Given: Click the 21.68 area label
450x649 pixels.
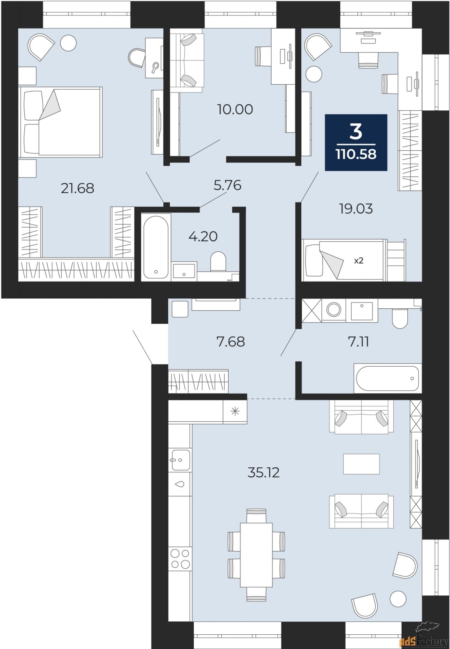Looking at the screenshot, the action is pos(78,188).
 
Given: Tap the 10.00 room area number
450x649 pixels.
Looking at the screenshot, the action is pos(235,110).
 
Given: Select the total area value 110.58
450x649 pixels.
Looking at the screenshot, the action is pos(356,155).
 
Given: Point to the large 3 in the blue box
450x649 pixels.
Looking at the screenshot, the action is pos(356,131).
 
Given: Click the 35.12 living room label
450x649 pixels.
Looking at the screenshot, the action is pos(264,473).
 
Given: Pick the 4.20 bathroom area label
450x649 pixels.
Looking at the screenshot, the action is pos(203,236).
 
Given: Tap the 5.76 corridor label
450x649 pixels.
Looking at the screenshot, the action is pos(227,185).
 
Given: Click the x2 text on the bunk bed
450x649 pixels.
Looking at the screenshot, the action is pos(359,261).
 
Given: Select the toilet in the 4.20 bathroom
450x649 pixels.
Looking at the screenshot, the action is pos(218,262).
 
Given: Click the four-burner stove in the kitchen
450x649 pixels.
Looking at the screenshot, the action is pos(180,559).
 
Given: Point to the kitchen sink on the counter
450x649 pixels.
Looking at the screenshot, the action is pos(180,460).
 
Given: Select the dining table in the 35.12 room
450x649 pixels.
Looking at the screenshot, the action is pos(256,554).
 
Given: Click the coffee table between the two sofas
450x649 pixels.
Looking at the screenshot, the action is pos(361,464).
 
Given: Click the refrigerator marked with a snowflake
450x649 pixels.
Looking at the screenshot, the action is pos(235,412).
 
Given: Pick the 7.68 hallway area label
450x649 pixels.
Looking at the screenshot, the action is pos(231,342).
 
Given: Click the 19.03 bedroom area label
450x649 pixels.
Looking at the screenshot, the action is pos(356,209).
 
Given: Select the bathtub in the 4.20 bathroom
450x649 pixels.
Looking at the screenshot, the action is pos(155,247).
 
